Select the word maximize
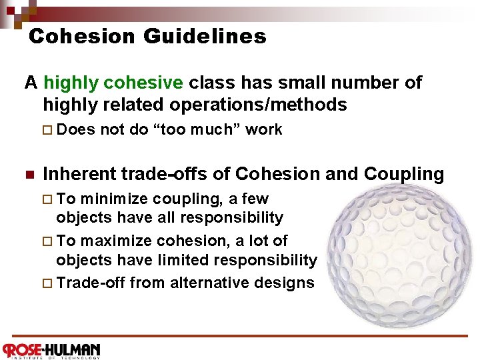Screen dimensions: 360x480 click(119, 240)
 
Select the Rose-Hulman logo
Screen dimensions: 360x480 click(51, 349)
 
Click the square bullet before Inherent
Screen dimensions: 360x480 click(29, 175)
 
